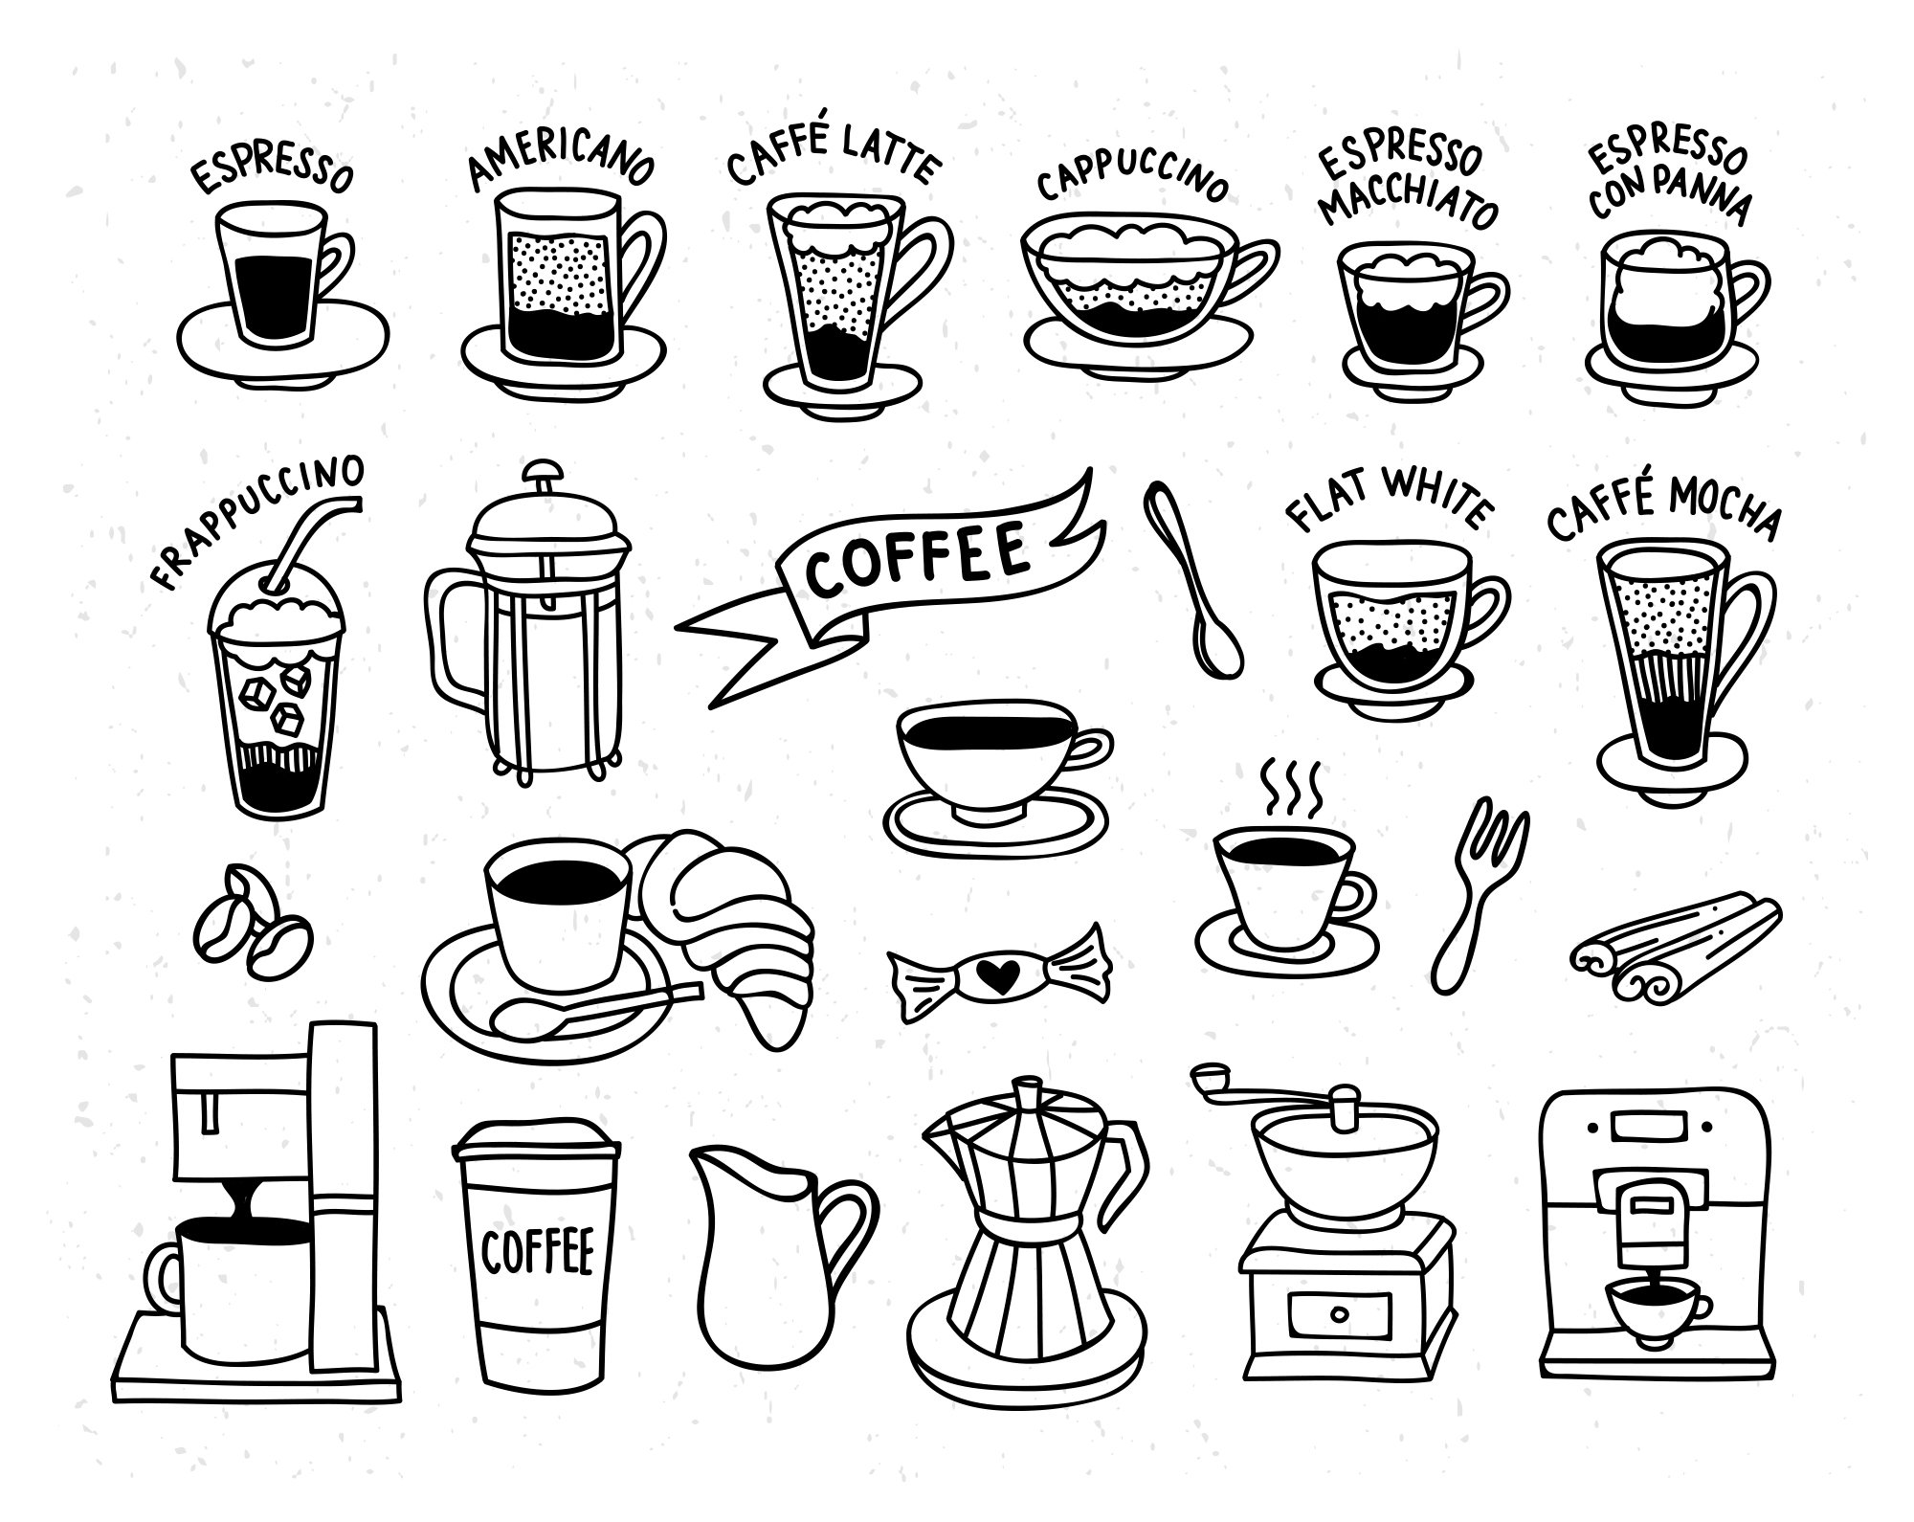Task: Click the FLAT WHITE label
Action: (1388, 498)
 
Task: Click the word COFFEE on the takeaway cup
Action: (538, 1251)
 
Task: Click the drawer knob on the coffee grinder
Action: (1340, 1312)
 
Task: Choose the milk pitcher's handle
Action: (852, 1220)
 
